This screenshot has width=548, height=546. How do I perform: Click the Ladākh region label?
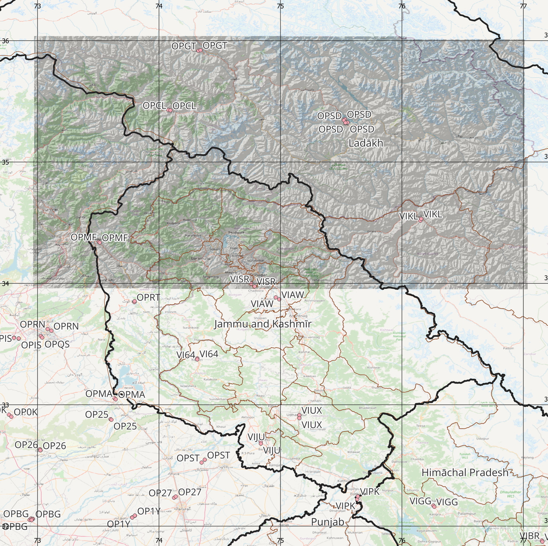[366, 143]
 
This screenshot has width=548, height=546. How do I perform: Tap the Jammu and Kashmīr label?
[263, 324]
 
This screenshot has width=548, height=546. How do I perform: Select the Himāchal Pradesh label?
[465, 473]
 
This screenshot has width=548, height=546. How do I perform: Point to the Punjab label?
[328, 522]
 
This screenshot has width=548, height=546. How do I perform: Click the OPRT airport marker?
[134, 301]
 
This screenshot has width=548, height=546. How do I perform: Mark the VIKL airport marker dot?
[421, 220]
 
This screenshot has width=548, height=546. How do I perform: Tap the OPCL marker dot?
[169, 110]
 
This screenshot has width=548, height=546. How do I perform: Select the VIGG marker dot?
[434, 506]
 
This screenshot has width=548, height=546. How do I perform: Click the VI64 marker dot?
[197, 359]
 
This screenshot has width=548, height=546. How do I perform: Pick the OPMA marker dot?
[115, 399]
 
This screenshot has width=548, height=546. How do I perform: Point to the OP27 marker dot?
[175, 497]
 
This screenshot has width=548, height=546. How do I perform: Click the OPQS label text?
[57, 344]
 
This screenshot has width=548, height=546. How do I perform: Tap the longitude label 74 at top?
[159, 6]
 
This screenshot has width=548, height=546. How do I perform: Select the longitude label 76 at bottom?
[402, 541]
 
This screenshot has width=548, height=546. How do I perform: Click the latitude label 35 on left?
[5, 162]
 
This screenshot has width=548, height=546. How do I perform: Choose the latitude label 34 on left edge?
[5, 283]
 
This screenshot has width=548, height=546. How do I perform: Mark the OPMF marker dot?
[99, 242]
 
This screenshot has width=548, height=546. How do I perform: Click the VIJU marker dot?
[261, 443]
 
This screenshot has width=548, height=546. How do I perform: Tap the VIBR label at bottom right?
[530, 536]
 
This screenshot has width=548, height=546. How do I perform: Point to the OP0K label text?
[25, 412]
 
